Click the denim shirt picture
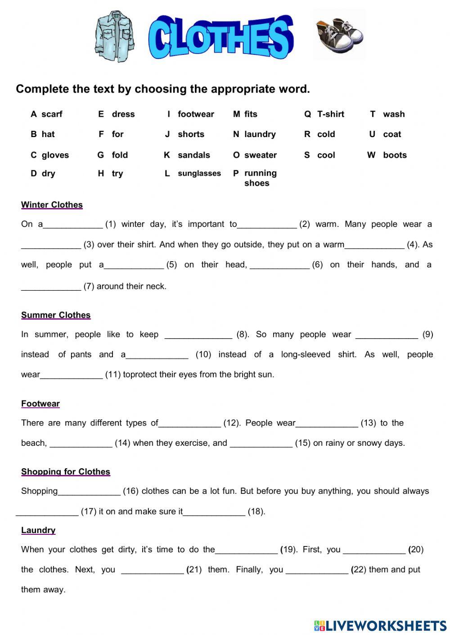click(x=114, y=36)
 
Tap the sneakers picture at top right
click(x=339, y=35)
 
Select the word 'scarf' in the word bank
click(x=52, y=114)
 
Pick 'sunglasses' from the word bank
click(x=199, y=173)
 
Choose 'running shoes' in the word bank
click(x=260, y=178)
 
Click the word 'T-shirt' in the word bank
click(x=330, y=114)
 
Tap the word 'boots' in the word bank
click(x=395, y=155)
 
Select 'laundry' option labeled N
click(x=260, y=134)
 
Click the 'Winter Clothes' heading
click(x=52, y=205)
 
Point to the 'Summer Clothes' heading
click(x=56, y=315)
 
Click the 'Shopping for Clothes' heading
click(x=66, y=471)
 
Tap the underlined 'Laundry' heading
click(x=38, y=530)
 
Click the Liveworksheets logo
click(x=380, y=626)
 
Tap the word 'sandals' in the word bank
click(x=193, y=155)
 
